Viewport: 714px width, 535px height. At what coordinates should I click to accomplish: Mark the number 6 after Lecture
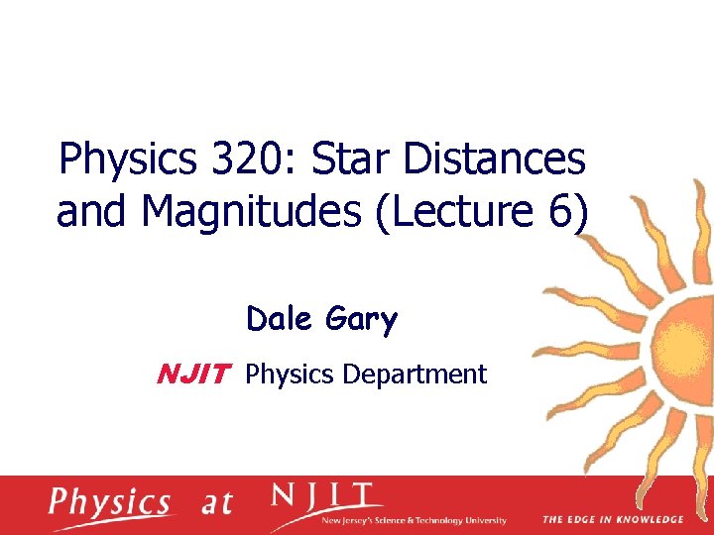pyautogui.click(x=559, y=211)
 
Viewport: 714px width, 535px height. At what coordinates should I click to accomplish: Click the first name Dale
pyautogui.click(x=279, y=320)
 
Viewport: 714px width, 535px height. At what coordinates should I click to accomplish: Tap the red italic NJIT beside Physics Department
pyautogui.click(x=194, y=374)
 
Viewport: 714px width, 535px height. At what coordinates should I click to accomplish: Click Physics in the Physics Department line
pyautogui.click(x=291, y=374)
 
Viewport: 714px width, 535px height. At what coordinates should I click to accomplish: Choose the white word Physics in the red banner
pyautogui.click(x=110, y=503)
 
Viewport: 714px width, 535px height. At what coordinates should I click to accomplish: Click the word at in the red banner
pyautogui.click(x=215, y=503)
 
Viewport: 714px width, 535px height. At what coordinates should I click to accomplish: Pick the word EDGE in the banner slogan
pyautogui.click(x=582, y=519)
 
